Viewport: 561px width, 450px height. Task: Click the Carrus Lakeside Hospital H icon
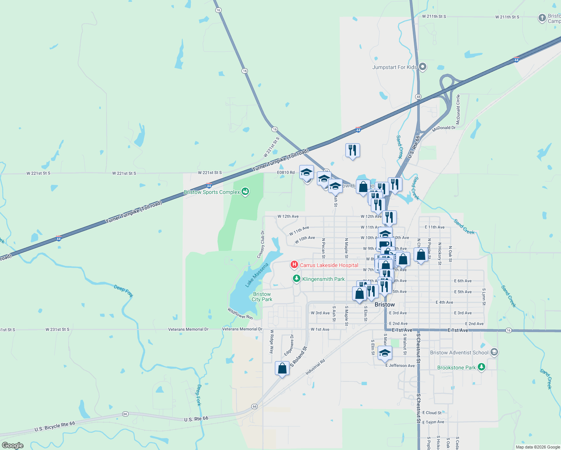tap(294, 265)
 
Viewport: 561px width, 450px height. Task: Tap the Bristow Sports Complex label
tap(212, 192)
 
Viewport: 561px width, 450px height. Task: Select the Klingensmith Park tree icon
tap(297, 279)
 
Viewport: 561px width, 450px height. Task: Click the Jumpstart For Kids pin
tap(423, 67)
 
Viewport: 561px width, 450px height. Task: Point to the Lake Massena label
tap(257, 275)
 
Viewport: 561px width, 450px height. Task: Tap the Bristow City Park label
tap(262, 297)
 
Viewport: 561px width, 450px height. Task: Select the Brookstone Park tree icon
tap(481, 367)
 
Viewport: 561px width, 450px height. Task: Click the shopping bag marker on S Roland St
tap(282, 369)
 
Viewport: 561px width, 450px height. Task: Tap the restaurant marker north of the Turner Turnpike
tap(352, 150)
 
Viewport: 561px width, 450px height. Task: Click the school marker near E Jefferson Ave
tap(385, 353)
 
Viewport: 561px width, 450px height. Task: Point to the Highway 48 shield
tap(418, 97)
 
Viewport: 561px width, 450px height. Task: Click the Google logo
tap(12, 445)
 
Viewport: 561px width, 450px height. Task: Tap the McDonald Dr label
tap(444, 128)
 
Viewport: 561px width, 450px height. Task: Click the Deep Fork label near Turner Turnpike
tap(123, 291)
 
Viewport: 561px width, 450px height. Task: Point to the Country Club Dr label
tap(261, 244)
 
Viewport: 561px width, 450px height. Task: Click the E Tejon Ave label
tap(433, 422)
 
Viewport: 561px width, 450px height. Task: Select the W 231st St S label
tap(57, 330)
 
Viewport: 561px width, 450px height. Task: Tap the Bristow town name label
tap(385, 304)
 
